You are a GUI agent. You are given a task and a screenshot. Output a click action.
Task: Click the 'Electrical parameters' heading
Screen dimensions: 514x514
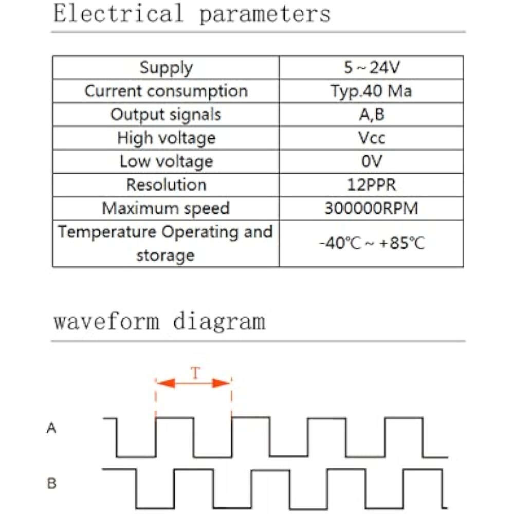point(192,13)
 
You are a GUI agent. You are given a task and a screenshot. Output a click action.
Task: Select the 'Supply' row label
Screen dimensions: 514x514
point(166,67)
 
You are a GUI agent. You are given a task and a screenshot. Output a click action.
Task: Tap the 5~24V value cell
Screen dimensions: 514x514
point(371,67)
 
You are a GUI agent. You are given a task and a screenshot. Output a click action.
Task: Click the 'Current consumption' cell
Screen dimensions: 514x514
point(166,91)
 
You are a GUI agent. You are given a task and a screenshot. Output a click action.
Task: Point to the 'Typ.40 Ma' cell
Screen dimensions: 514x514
point(371,91)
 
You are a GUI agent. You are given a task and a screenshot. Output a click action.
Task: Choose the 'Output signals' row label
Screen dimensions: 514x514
point(166,114)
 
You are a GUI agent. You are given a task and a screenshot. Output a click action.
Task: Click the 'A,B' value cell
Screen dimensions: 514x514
point(371,114)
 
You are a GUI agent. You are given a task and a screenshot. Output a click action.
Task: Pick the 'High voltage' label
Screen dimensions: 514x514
point(166,138)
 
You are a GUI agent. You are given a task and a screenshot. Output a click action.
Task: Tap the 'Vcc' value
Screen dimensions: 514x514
point(371,138)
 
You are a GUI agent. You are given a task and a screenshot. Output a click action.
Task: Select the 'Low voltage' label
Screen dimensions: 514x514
point(166,161)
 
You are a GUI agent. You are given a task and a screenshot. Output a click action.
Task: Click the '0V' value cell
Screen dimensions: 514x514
point(371,161)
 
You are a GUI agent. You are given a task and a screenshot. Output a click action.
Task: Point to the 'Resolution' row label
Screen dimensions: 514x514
point(166,185)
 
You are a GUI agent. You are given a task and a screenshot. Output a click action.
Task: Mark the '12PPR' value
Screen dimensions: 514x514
point(371,185)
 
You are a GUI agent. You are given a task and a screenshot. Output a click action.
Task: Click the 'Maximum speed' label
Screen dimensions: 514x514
point(166,208)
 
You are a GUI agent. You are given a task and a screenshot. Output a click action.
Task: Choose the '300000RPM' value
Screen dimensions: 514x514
point(371,208)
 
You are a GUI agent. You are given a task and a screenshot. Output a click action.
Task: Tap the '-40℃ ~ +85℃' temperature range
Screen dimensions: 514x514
point(371,243)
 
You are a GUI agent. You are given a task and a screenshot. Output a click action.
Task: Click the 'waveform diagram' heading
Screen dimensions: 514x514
point(159,322)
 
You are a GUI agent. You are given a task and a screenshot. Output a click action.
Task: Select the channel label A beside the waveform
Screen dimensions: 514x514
point(51,428)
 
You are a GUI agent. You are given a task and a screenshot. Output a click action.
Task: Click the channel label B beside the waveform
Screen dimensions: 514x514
point(51,484)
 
